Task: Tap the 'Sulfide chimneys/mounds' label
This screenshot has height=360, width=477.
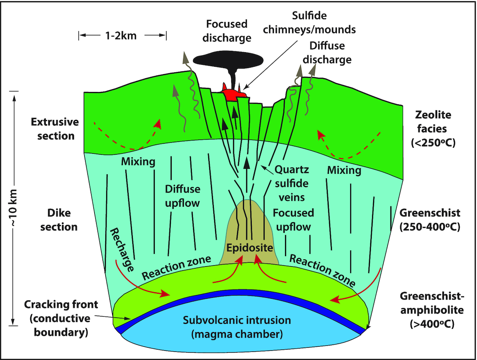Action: click(x=324, y=23)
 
